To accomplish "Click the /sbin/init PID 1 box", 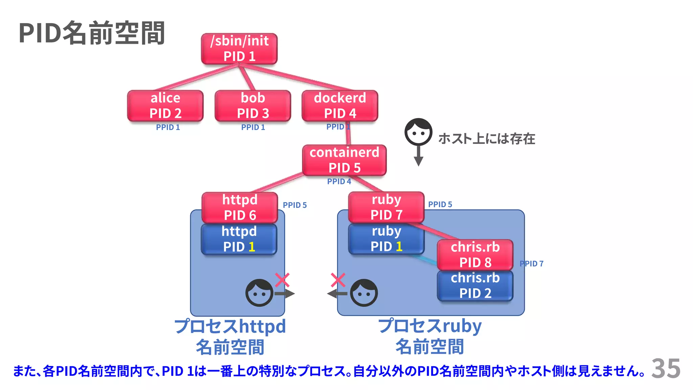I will pos(239,49).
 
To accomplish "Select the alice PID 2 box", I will pos(165,106).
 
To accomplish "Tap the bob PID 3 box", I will pos(253,106).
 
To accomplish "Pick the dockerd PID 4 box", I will pos(340,106).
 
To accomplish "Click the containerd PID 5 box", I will pos(344,160).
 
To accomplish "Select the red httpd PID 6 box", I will pos(240,207).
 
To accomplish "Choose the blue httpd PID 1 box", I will pos(239,239).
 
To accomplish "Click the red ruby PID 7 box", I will pos(386,207).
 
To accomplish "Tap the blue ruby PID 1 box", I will pos(386,239).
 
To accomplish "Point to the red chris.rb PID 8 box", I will pos(475,255).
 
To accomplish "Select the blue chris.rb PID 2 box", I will pos(475,285).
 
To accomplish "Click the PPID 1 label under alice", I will pos(168,127).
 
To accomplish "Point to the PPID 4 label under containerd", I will pos(339,181).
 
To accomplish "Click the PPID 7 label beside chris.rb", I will pos(532,263).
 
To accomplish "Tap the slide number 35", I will pos(666,368).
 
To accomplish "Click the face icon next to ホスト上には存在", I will pos(418,132).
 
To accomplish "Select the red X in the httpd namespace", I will pos(282,280).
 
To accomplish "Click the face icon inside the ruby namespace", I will pos(364,293).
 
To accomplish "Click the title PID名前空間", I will pos(92,33).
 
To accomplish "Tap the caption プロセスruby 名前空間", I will pos(430,336).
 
